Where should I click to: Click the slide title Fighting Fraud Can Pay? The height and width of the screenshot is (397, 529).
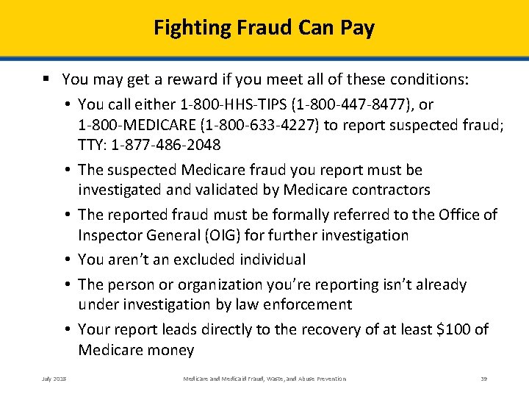[x=264, y=28]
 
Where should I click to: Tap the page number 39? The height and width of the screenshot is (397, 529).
[x=484, y=379]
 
